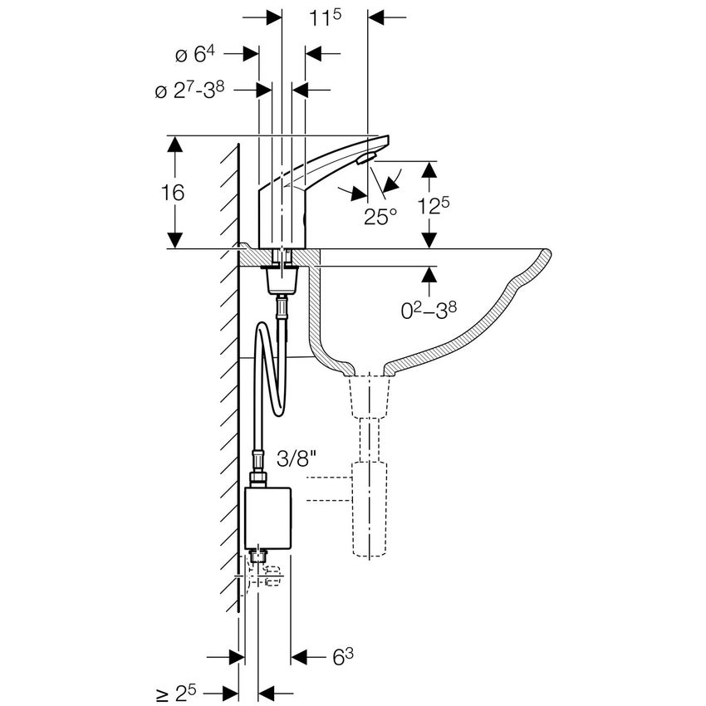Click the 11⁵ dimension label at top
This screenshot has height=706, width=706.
click(x=326, y=18)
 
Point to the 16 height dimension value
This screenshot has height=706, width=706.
click(x=174, y=193)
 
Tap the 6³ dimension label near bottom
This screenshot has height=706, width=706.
click(x=343, y=658)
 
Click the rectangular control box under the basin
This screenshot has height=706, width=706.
click(x=269, y=517)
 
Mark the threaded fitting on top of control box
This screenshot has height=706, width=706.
click(x=257, y=479)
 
